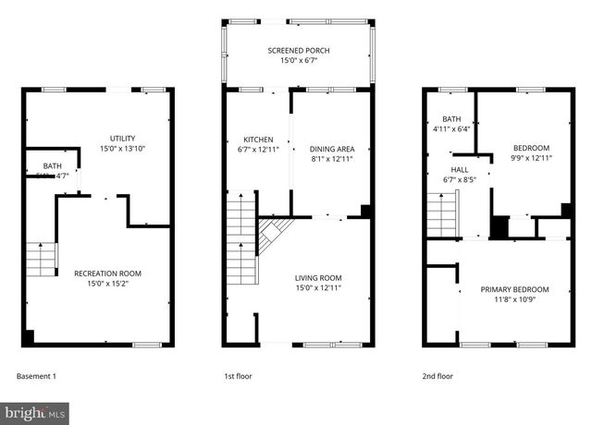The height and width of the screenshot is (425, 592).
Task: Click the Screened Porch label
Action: tap(299, 50)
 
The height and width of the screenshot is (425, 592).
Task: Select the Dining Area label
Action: tap(332, 148)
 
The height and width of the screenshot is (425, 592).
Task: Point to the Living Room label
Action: tap(318, 277)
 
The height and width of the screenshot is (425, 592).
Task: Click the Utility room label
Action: tap(123, 138)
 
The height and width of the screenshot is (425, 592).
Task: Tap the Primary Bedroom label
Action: tap(514, 289)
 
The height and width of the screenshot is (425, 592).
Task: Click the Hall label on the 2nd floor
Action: tap(460, 170)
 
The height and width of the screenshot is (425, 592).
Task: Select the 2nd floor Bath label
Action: tap(451, 119)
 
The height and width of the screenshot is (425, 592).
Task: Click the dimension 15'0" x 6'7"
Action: tap(299, 61)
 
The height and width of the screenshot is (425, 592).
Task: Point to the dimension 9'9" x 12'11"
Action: tap(532, 158)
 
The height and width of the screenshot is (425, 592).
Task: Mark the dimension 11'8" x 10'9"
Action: tap(514, 300)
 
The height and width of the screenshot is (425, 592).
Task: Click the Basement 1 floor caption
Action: tap(37, 376)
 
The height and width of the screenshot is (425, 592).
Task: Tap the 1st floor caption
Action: tap(238, 376)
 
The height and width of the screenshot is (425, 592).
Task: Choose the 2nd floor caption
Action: tap(438, 376)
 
